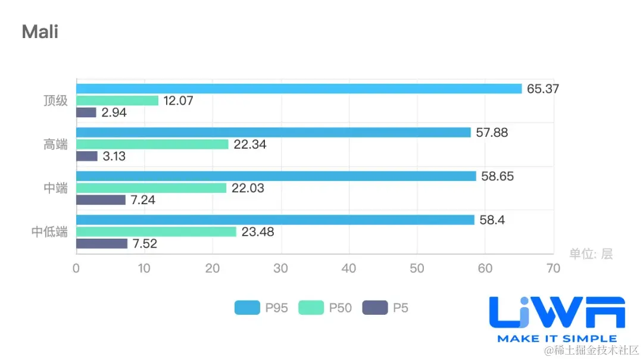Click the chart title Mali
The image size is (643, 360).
coord(40,32)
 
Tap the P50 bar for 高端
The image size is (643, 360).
coord(152,144)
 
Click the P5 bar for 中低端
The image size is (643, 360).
coord(102,243)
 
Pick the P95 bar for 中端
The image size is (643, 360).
coord(276,176)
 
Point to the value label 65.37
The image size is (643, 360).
coord(543,89)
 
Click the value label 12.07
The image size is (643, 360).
coord(179,101)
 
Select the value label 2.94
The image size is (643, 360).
coord(114,112)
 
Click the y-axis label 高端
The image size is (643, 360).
coord(55,144)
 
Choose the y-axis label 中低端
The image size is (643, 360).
coord(49,232)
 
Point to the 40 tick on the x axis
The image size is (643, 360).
coord(349,268)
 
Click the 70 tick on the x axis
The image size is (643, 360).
coord(553,268)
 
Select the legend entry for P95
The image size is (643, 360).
coord(261,308)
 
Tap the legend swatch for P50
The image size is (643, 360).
coord(311,308)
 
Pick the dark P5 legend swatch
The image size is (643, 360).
coord(374,308)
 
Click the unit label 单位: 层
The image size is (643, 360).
coord(591,254)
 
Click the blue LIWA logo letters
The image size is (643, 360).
coord(557,312)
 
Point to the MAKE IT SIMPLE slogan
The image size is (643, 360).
coord(557,339)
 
